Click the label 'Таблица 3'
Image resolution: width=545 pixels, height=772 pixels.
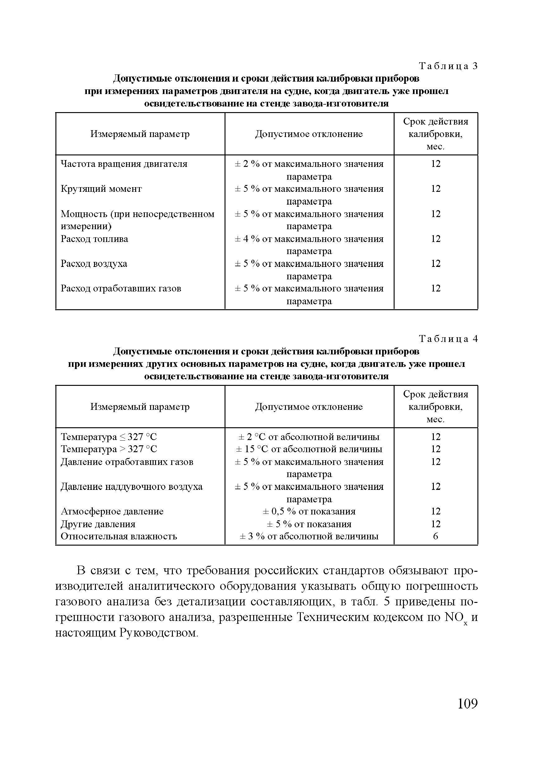[x=448, y=66]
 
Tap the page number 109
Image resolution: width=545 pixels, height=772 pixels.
[x=467, y=703]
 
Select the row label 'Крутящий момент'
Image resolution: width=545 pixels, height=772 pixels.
[x=101, y=189]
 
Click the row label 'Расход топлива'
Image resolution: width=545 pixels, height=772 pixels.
[x=94, y=239]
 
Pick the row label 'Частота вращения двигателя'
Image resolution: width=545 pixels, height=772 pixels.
[x=124, y=164]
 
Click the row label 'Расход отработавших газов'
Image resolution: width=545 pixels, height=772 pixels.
[x=121, y=288]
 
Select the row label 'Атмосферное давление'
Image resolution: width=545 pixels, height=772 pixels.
[x=112, y=511]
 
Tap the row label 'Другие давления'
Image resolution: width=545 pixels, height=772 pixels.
[x=98, y=524]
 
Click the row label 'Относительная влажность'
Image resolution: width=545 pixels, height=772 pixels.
[x=119, y=536]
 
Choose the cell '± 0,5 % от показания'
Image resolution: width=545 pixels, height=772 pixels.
[x=309, y=511]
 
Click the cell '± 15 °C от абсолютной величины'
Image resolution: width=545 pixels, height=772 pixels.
[x=309, y=449]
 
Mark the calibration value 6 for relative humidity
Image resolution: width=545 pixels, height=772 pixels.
[x=435, y=536]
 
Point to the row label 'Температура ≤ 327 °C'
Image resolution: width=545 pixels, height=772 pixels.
[x=109, y=437]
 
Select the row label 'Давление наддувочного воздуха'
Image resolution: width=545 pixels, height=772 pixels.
[x=131, y=486]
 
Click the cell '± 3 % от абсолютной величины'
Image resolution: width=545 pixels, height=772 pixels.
[x=309, y=536]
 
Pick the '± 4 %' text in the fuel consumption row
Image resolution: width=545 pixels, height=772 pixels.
[x=247, y=239]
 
